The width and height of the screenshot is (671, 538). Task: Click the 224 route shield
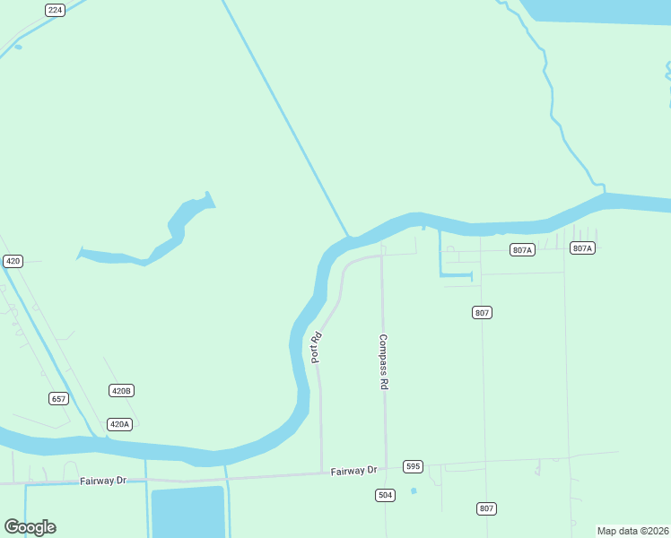(x=56, y=10)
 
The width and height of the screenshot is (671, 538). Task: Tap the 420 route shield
(x=13, y=261)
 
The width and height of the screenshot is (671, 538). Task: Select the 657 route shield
(x=58, y=397)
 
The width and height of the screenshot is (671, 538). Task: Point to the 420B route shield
(x=121, y=391)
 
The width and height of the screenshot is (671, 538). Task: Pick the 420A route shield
(x=119, y=424)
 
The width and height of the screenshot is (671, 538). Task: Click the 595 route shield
(x=413, y=466)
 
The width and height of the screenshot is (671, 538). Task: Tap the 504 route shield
(x=385, y=495)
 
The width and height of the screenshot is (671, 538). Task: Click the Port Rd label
(x=316, y=348)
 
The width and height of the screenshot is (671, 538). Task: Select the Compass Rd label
(x=383, y=361)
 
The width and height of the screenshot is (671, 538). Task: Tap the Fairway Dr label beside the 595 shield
(x=353, y=471)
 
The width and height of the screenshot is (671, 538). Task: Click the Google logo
(x=30, y=527)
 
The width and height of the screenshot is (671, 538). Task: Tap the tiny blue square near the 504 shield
(x=414, y=490)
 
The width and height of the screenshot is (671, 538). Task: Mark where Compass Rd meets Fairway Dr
(x=386, y=468)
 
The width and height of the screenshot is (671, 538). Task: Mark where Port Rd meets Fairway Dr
(x=322, y=473)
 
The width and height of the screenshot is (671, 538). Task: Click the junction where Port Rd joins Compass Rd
(x=382, y=256)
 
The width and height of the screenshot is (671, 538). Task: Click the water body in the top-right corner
(x=601, y=10)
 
